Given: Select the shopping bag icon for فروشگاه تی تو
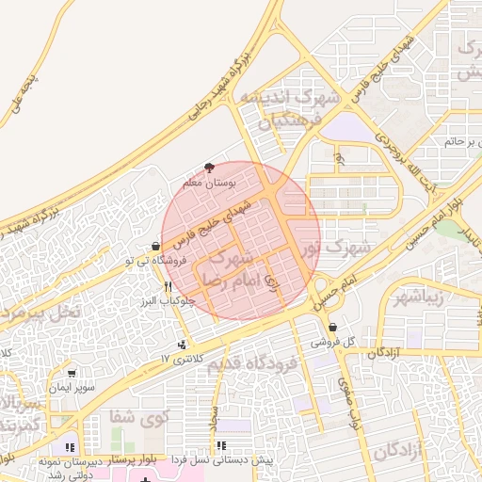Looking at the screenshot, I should pyautogui.click(x=155, y=247).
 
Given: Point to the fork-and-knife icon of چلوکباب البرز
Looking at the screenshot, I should pyautogui.click(x=168, y=286).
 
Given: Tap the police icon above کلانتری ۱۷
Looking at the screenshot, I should pyautogui.click(x=182, y=345).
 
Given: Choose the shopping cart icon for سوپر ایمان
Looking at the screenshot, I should pyautogui.click(x=72, y=373).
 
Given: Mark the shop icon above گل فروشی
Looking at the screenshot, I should pyautogui.click(x=333, y=327).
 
